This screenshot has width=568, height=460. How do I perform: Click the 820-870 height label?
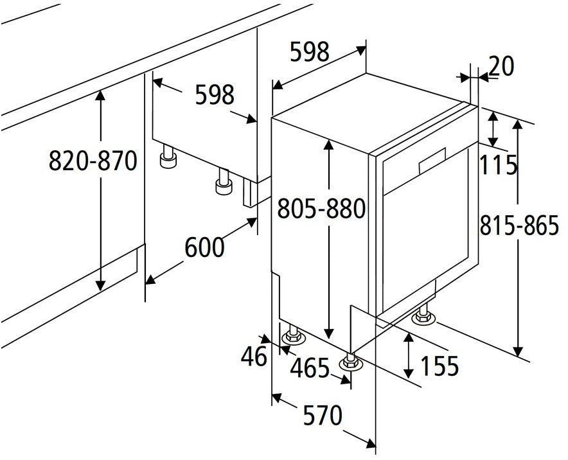click(x=93, y=161)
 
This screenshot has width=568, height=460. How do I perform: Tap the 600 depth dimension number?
click(x=205, y=247)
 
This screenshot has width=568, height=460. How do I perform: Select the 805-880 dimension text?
click(x=321, y=209)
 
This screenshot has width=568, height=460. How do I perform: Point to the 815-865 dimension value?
click(x=519, y=225)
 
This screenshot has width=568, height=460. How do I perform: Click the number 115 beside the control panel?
click(x=499, y=165)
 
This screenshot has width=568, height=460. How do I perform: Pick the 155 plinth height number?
click(x=439, y=366)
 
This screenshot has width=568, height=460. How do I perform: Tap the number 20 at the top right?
click(x=501, y=66)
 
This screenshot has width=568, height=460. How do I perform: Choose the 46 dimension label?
click(x=254, y=356)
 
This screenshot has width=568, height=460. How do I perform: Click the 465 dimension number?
click(x=310, y=368)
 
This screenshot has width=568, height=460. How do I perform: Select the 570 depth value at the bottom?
click(x=323, y=415)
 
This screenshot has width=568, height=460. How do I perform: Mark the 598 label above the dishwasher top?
click(x=310, y=51)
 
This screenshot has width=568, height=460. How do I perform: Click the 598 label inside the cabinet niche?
click(x=215, y=95)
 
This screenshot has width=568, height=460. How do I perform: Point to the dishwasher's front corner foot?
click(x=351, y=361)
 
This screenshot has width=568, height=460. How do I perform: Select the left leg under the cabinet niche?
click(x=168, y=157)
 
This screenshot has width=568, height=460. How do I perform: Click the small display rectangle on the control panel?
click(x=432, y=161)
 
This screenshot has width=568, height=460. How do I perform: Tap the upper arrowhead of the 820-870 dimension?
click(x=100, y=95)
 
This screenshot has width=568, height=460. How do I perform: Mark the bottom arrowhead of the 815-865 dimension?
click(x=519, y=351)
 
